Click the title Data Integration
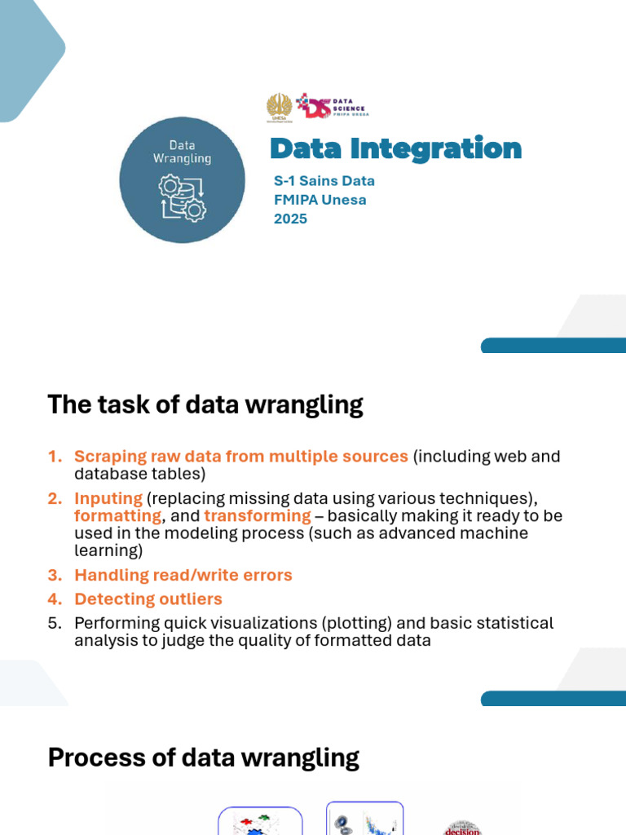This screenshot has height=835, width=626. coord(395,149)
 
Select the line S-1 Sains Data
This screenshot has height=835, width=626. coord(324,181)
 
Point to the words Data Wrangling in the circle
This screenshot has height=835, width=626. coord(182,152)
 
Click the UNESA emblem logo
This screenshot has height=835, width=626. coord(279,107)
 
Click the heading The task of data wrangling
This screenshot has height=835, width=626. coord(205,404)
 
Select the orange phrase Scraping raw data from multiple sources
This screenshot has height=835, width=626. coord(240,457)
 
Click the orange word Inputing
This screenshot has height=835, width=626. coord(108,498)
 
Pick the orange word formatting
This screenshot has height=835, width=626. coord(117,516)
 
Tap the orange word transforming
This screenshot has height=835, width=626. coord(258,516)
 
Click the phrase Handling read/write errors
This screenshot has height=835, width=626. coord(183,576)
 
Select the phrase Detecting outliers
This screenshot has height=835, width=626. coord(148,599)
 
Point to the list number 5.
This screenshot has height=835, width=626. coord(54,624)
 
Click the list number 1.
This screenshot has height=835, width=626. coord(54,457)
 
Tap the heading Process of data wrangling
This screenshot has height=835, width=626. coord(203,758)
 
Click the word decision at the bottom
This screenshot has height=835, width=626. coord(462,828)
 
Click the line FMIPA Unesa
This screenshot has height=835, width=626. coord(320,200)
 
